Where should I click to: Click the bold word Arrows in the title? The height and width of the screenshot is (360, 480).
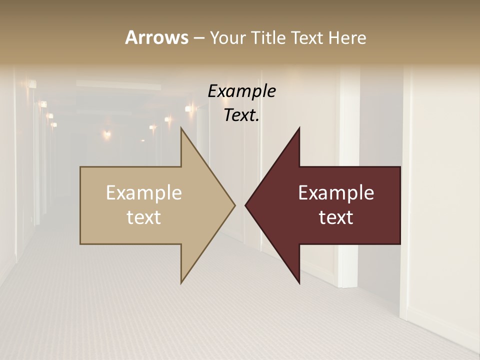coord(156,37)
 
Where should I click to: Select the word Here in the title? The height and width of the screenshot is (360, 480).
coord(347,37)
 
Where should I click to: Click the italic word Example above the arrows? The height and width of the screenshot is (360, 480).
coord(241,91)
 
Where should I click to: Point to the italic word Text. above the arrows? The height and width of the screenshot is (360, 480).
coord(241,115)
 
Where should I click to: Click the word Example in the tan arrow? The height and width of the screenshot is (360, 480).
coord(144,193)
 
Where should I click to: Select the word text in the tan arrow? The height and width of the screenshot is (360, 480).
coord(144,217)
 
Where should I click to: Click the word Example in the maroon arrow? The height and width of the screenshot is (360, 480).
coord(336,193)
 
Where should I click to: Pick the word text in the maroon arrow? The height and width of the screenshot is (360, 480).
coord(336,217)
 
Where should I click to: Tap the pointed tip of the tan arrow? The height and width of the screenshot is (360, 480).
coord(234,205)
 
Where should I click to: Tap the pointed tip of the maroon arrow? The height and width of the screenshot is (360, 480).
coord(245,205)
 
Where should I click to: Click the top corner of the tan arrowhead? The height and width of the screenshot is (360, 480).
coord(181,128)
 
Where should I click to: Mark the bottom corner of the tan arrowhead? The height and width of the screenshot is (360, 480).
coord(181,283)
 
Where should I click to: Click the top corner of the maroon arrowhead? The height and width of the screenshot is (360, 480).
coord(299,128)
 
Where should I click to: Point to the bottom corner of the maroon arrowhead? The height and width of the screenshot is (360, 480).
coord(299,283)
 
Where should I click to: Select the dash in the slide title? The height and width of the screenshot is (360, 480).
coord(198,38)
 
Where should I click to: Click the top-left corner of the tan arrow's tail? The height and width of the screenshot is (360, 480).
coord(80,167)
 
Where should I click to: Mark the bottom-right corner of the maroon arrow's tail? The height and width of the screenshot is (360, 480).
coord(400,244)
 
